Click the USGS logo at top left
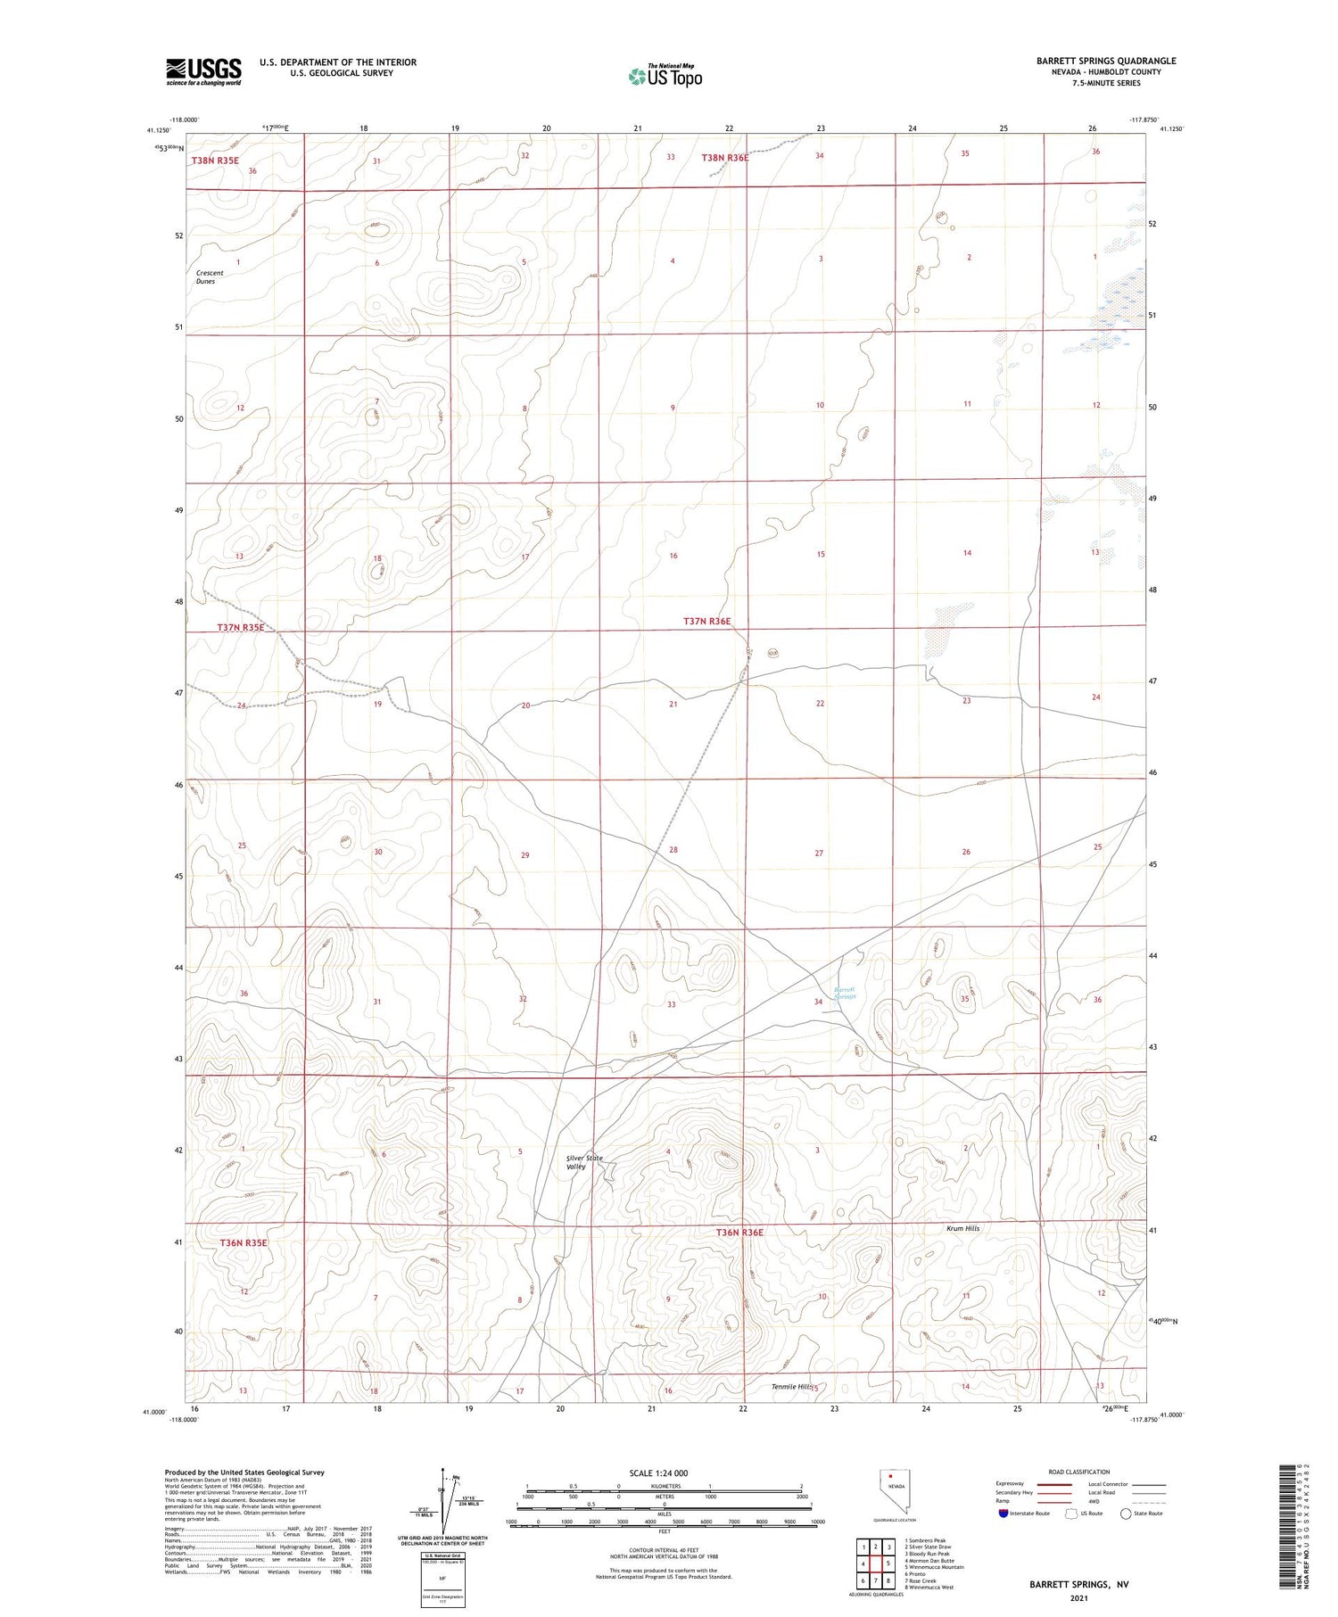coord(203,71)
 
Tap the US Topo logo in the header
coord(665,77)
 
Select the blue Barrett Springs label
coord(844,992)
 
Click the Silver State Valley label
coord(584,1162)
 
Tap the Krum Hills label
coord(962,1228)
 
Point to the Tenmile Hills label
coord(791,1387)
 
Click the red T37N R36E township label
coord(706,621)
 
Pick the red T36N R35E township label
coord(244,1242)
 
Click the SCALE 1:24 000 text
coord(658,1473)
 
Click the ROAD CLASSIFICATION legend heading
coord(1079,1472)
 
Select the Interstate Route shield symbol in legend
coord(1005,1513)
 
